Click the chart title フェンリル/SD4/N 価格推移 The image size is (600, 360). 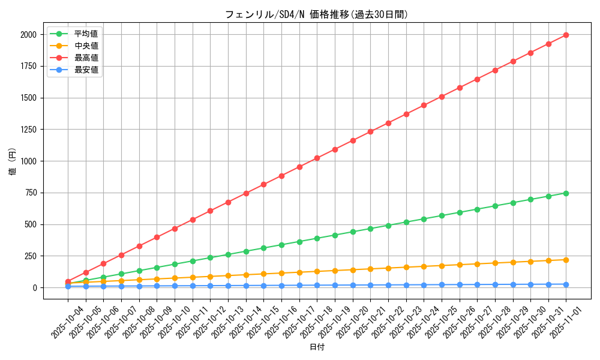point(317,14)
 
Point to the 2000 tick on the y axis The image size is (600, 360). point(28,35)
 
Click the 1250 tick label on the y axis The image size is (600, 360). point(28,130)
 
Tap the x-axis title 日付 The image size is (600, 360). point(317,347)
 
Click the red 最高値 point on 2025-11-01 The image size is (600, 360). point(566,35)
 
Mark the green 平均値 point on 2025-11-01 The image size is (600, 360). point(566,193)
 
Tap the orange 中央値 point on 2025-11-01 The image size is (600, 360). point(566,260)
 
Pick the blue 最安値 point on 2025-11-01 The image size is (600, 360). point(566,284)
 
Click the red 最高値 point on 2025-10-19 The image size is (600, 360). point(335,149)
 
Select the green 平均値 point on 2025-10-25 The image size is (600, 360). point(442,215)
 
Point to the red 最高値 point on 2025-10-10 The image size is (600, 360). point(175,229)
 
